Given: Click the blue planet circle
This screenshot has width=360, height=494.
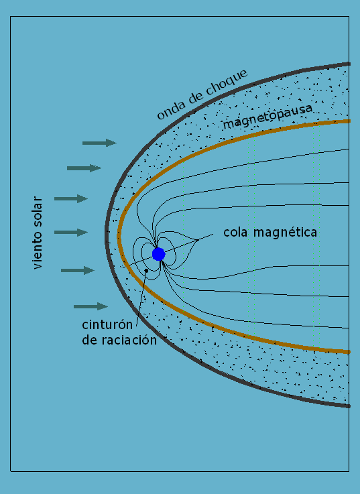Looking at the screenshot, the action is (159, 254).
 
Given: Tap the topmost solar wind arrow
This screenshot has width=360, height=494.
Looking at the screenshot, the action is (99, 143).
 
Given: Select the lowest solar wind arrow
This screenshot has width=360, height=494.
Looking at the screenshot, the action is (91, 306).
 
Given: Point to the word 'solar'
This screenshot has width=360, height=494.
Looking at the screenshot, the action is (37, 211).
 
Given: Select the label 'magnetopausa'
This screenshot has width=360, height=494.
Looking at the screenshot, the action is (268, 117).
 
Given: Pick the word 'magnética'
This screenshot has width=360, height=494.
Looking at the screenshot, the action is (286, 232).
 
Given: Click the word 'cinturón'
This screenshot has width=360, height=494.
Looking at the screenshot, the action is (107, 324).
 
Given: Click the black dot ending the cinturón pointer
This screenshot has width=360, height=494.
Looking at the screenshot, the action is (146, 270).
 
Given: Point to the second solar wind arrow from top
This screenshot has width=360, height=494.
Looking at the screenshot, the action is (84, 168).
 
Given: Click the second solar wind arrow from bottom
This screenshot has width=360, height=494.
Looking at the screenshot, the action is (78, 270).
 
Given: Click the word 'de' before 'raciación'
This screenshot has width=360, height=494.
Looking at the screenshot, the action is (90, 341).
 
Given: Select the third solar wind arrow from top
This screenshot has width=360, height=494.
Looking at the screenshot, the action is (71, 198).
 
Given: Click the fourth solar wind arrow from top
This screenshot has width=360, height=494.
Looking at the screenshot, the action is (71, 233).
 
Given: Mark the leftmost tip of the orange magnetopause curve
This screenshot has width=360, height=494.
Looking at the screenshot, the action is (118, 236).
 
